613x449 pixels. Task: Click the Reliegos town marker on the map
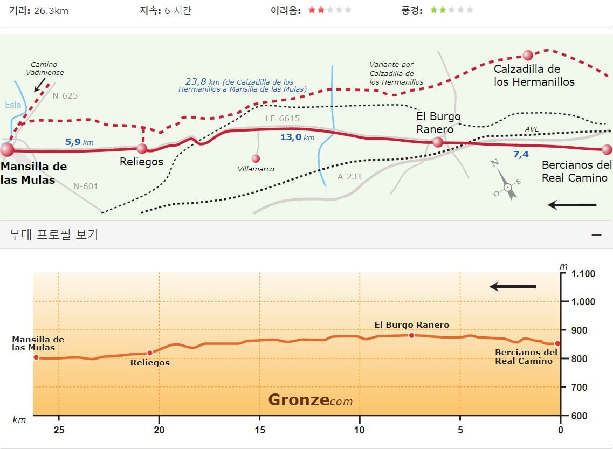click(142, 148)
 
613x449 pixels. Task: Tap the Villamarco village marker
click(256, 158)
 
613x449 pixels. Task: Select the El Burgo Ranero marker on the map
click(438, 142)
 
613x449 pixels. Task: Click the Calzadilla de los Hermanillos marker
click(528, 55)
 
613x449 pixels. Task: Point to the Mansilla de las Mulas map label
click(33, 173)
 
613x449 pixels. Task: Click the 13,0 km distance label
click(297, 137)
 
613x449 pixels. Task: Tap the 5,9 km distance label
click(79, 142)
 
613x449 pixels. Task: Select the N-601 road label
click(86, 186)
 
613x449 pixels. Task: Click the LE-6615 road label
click(283, 119)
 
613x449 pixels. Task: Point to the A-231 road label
click(349, 177)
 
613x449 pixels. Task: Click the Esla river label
click(13, 105)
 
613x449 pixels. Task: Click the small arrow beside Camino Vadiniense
click(39, 85)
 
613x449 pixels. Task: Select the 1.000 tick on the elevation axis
click(583, 302)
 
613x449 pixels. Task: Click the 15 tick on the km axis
click(259, 430)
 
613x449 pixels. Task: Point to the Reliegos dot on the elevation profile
click(150, 353)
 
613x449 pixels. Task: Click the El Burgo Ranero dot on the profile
click(412, 335)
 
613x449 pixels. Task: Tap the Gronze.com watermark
click(311, 400)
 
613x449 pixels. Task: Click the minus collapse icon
click(597, 235)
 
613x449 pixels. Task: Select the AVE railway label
click(532, 129)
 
